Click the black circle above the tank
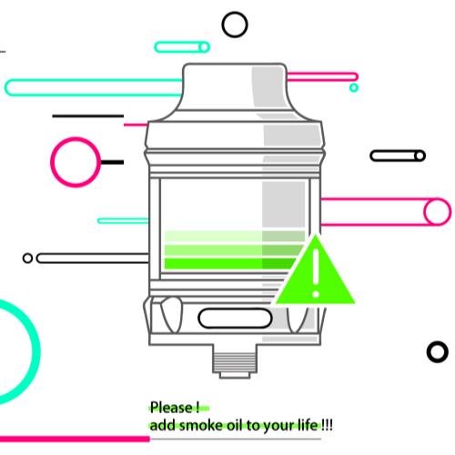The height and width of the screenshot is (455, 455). [235, 14]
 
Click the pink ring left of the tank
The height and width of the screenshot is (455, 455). [52, 162]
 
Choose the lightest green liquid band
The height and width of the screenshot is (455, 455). [234, 237]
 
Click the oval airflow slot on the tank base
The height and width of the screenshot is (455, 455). [235, 309]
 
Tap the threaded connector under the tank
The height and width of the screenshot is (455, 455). [235, 361]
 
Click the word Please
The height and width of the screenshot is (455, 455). [171, 408]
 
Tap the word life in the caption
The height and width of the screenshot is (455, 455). [308, 425]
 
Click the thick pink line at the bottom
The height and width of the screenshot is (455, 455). [75, 439]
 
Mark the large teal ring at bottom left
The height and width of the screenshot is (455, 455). [35, 352]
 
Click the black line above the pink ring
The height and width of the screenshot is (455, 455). [88, 116]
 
